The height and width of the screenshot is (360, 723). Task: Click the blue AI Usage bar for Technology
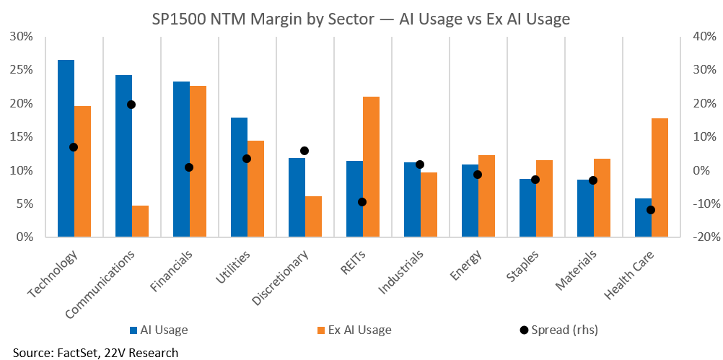tap(66, 149)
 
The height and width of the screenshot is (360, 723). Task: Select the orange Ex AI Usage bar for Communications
tap(140, 221)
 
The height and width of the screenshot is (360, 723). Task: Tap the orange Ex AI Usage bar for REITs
tap(371, 167)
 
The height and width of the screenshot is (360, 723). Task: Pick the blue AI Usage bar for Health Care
tap(643, 218)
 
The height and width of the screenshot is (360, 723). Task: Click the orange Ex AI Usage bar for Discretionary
tap(313, 216)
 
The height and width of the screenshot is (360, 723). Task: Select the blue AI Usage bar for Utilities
tap(239, 177)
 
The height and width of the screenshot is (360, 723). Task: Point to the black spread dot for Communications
tap(131, 105)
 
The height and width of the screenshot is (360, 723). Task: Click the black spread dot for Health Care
tap(651, 210)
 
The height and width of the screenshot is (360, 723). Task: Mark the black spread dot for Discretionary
tap(304, 151)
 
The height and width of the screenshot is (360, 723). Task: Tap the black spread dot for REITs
tap(362, 202)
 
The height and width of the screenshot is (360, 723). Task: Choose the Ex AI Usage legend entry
tap(354, 330)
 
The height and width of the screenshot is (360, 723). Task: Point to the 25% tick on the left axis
tap(21, 70)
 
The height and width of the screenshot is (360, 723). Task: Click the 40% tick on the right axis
tap(704, 36)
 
